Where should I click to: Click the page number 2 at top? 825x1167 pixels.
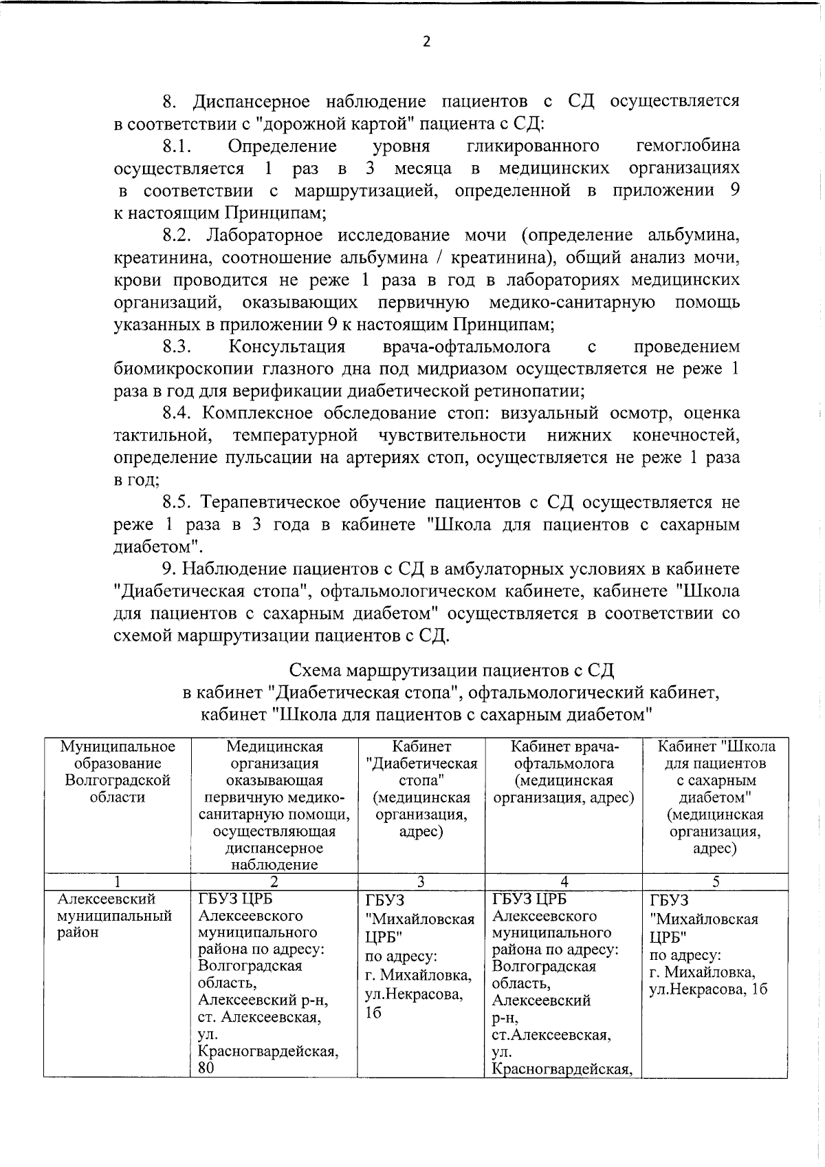coord(426,42)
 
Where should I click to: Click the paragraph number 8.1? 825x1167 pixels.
coord(177,146)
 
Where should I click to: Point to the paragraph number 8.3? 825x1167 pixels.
coord(177,346)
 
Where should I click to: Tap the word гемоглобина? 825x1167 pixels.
coord(688,146)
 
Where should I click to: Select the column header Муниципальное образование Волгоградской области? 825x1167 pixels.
coord(118,771)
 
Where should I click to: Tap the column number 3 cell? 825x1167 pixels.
coord(421,881)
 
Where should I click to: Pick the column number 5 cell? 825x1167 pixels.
coord(715,881)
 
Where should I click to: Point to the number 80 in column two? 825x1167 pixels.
coord(206,1067)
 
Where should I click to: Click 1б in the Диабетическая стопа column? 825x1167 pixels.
coord(373,1013)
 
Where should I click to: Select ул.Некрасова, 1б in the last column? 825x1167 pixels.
coord(708,990)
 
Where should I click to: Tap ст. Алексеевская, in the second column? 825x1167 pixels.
coord(259,1017)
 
